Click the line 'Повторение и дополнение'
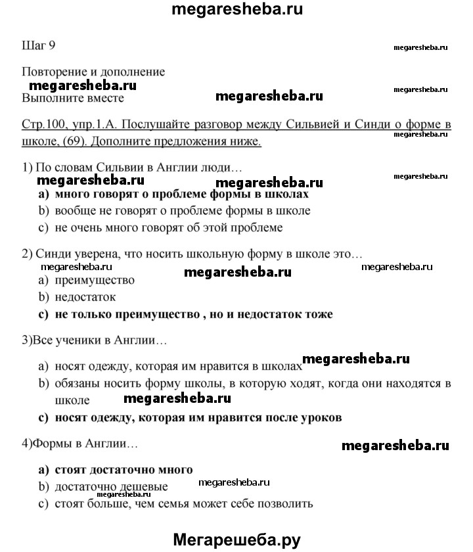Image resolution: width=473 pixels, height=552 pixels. click(93, 72)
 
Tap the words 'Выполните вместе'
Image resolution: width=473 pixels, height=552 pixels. click(73, 98)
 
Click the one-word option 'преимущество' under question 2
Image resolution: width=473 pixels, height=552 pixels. click(95, 281)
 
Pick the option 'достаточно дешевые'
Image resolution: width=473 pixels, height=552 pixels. click(112, 487)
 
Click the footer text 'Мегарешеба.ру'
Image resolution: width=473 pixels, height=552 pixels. click(236, 539)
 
